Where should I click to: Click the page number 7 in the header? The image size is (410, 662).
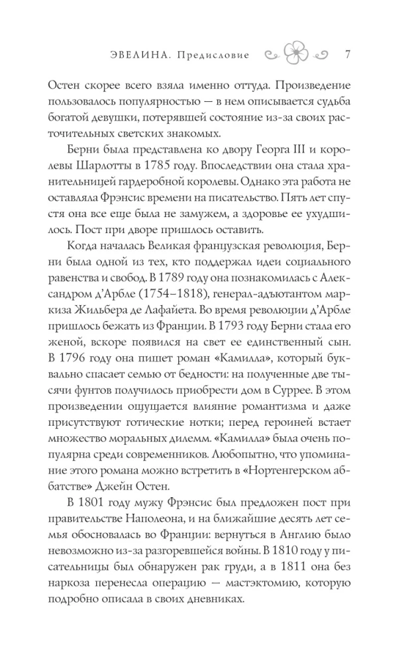point(348,54)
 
